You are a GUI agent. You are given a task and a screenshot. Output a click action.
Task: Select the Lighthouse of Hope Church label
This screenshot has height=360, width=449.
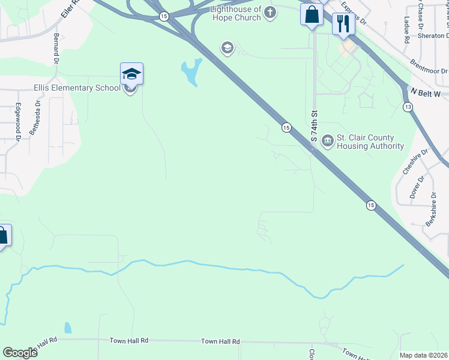(236, 14)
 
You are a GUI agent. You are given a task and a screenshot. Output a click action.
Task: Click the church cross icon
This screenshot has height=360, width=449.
(270, 12)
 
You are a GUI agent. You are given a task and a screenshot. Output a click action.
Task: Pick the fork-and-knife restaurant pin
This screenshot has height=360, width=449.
(343, 24)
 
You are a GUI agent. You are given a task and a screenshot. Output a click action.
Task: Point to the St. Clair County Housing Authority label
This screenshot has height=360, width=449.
(370, 142)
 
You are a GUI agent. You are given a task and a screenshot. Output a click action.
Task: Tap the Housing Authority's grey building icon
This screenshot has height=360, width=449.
(328, 141)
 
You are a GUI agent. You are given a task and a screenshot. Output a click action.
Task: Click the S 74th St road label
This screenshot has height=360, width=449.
(313, 126)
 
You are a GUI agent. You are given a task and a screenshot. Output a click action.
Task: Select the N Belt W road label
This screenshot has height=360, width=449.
(426, 93)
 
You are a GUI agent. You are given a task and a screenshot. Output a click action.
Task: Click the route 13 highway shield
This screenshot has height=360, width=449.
(408, 107)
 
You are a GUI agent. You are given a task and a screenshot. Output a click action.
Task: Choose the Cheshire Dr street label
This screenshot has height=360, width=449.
(409, 161)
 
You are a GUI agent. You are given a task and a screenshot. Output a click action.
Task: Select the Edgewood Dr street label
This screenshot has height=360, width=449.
(19, 122)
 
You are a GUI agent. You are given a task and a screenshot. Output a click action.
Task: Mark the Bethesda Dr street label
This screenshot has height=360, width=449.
(37, 117)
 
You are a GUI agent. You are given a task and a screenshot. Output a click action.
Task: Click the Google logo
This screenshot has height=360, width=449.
(20, 353)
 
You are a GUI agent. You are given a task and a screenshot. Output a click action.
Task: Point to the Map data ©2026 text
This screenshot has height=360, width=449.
(423, 355)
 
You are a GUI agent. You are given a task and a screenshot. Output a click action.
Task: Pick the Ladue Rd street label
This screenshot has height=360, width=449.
(406, 30)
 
